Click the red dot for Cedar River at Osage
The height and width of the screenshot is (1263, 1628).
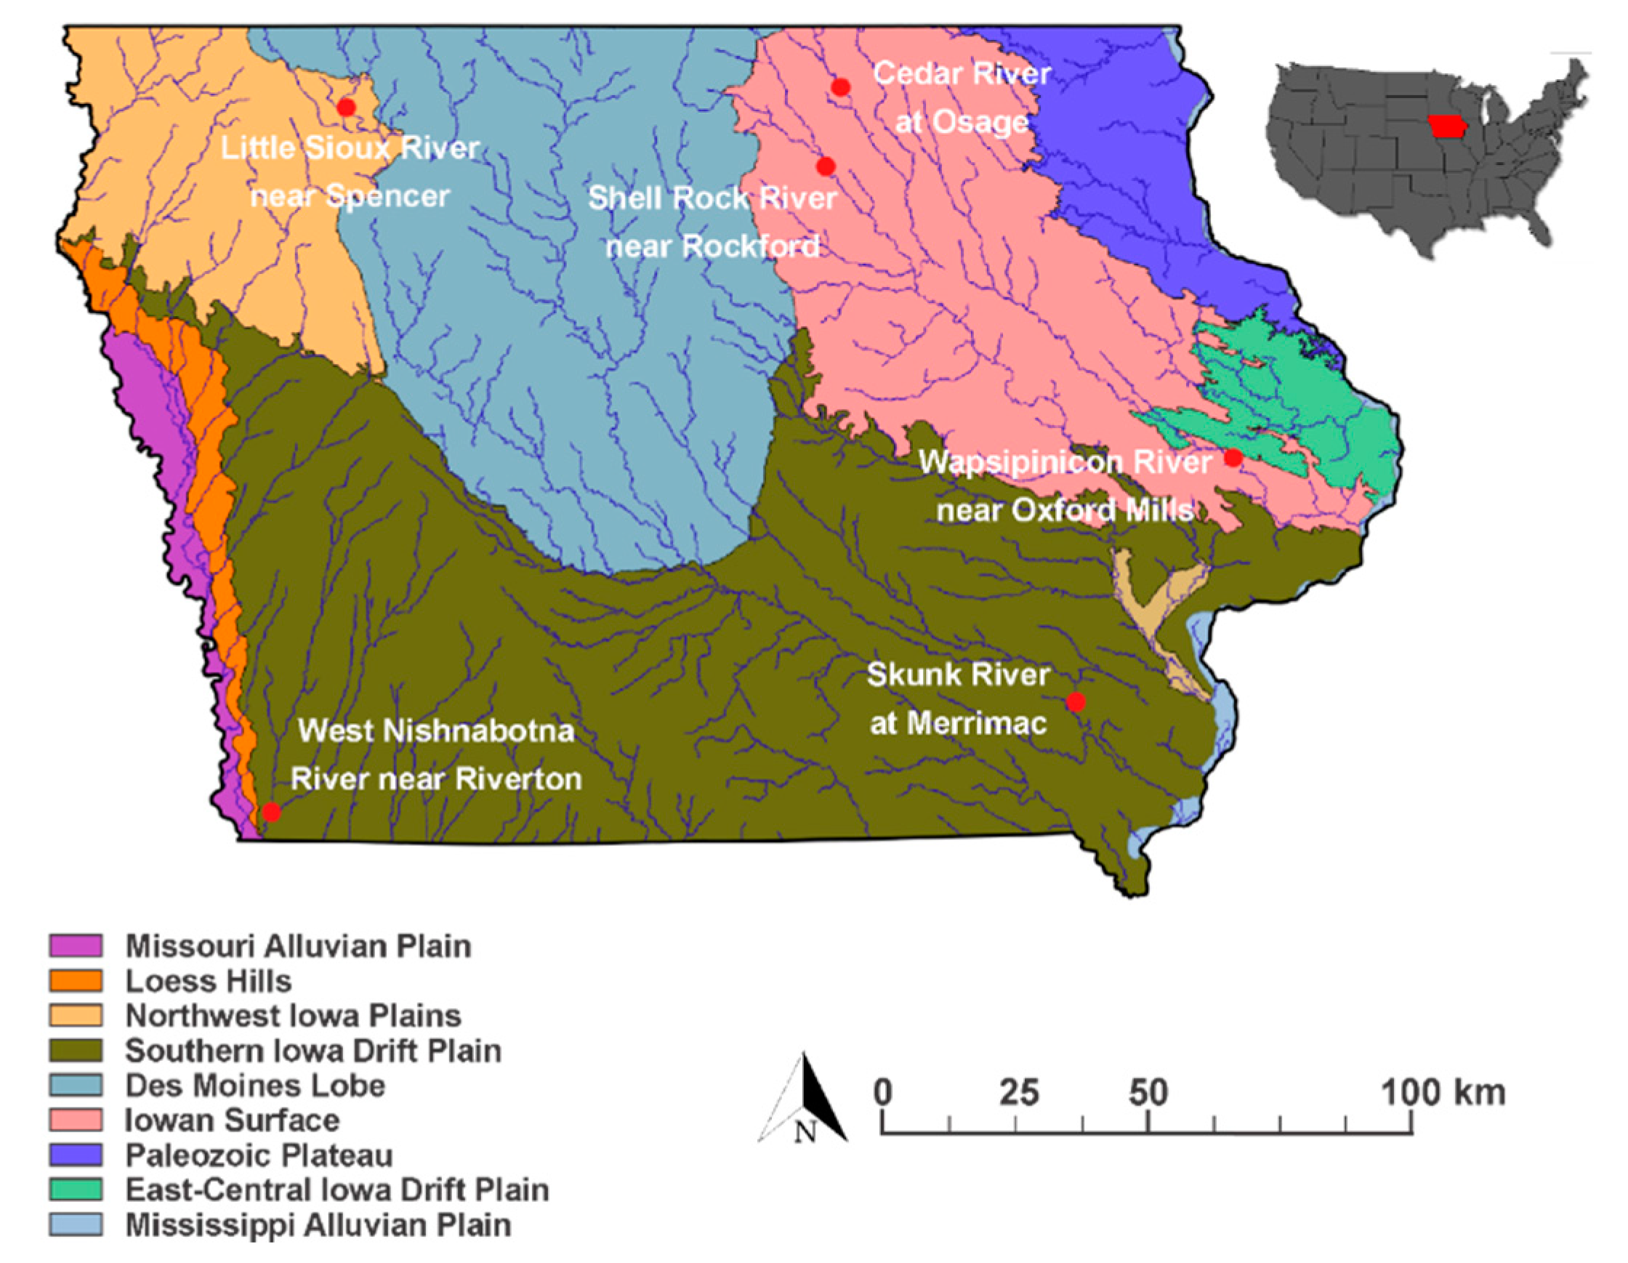tap(840, 87)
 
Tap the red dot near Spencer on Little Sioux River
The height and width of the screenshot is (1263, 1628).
tap(346, 108)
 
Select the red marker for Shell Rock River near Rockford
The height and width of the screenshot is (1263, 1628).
tap(825, 166)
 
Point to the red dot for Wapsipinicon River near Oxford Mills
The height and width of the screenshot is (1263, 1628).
tap(1233, 458)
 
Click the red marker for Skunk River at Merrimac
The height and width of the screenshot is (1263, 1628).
tap(1075, 701)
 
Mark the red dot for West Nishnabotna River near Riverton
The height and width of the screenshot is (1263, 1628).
tap(271, 812)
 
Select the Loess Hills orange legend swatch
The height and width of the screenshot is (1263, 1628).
tap(76, 980)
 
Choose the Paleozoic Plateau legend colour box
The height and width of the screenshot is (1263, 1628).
tap(76, 1155)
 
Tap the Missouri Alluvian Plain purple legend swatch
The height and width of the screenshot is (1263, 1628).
tap(76, 945)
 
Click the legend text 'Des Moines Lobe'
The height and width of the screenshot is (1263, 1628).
tap(255, 1086)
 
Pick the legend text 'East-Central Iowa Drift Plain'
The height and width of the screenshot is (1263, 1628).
tap(337, 1190)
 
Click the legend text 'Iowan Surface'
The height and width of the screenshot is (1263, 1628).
tap(232, 1120)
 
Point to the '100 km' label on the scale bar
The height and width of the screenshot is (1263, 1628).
tap(1443, 1093)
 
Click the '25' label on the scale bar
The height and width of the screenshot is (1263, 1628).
tap(1019, 1093)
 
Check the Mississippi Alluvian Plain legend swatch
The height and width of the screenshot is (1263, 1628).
tap(76, 1225)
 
